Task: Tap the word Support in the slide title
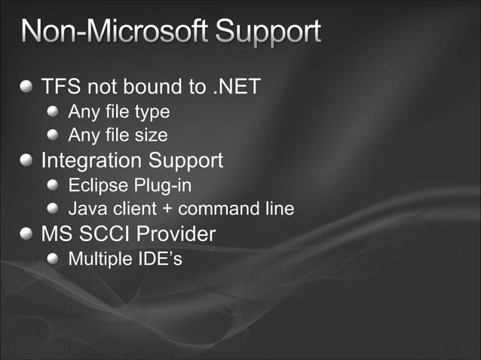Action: (x=268, y=34)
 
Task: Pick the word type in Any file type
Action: (x=153, y=113)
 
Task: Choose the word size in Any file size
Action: (x=152, y=136)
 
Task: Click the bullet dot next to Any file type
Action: (x=53, y=112)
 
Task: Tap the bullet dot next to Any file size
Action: (x=53, y=136)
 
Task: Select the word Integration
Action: (x=91, y=160)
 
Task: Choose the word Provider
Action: (x=178, y=233)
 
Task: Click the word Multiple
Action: (x=97, y=259)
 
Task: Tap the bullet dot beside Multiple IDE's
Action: (x=53, y=258)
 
